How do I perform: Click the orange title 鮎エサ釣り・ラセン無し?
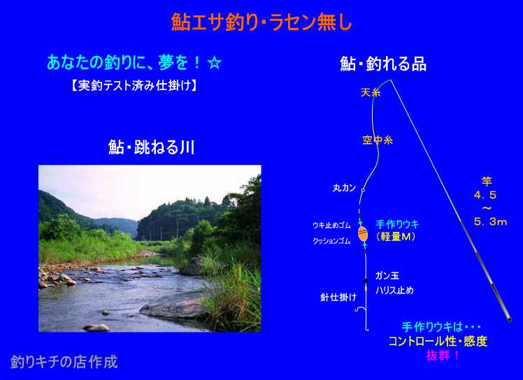coord(261,22)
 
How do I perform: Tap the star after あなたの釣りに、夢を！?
coord(215,62)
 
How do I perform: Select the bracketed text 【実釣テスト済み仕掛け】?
coord(134,86)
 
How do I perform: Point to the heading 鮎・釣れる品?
coord(383,65)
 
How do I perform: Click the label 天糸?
coord(371,92)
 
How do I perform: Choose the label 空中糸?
coord(378,140)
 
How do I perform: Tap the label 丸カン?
coord(345,188)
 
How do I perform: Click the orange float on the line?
coord(362,233)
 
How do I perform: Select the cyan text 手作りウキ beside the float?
coord(397,224)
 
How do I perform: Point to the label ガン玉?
coord(387,276)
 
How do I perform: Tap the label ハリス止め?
coord(394,291)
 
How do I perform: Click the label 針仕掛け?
coord(338,297)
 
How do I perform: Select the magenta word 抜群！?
coord(443,355)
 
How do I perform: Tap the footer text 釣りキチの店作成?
coord(64,362)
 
